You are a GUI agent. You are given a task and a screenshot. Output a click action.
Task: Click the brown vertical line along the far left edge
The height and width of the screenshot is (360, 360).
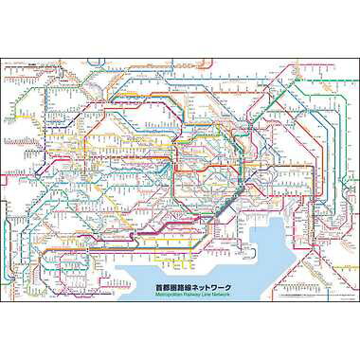click(x=8, y=171)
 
